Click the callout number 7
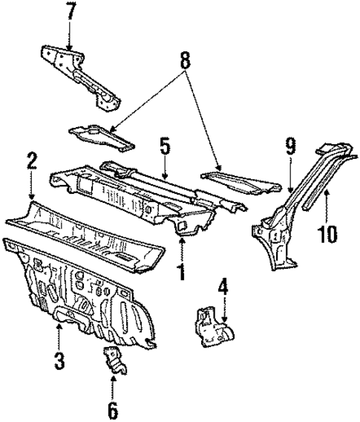[x=70, y=12]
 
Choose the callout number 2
[x=31, y=160]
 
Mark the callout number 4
[x=223, y=285]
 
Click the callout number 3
[x=59, y=361]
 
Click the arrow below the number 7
[x=70, y=37]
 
